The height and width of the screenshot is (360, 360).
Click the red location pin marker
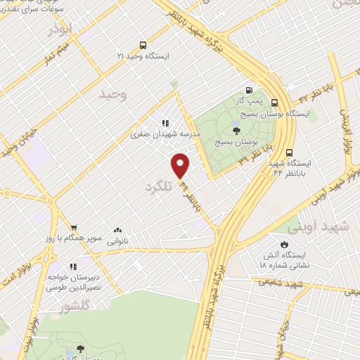(181, 165)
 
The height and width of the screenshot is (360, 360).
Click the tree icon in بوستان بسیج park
(235, 131)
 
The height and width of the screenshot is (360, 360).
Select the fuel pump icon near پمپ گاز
(248, 90)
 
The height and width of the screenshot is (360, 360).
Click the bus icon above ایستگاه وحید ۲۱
(143, 44)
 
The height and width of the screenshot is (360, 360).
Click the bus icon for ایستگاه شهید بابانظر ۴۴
(290, 153)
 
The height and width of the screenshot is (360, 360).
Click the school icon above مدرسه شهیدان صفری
(166, 122)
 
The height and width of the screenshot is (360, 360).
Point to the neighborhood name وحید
(112, 94)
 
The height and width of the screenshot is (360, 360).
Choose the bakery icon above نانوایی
(117, 230)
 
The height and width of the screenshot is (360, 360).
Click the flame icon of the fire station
(284, 245)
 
